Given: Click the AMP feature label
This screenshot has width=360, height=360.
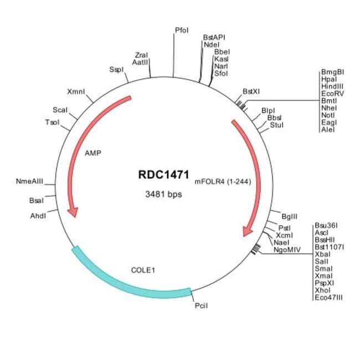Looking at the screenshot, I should (92, 153).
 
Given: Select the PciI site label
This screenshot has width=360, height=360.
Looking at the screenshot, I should (200, 305).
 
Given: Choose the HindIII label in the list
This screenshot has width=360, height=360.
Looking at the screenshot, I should (332, 86).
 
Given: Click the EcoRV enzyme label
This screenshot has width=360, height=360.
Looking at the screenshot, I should (332, 94).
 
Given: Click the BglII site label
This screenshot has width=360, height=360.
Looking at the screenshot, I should (290, 217).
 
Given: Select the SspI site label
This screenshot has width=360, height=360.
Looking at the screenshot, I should (116, 70).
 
